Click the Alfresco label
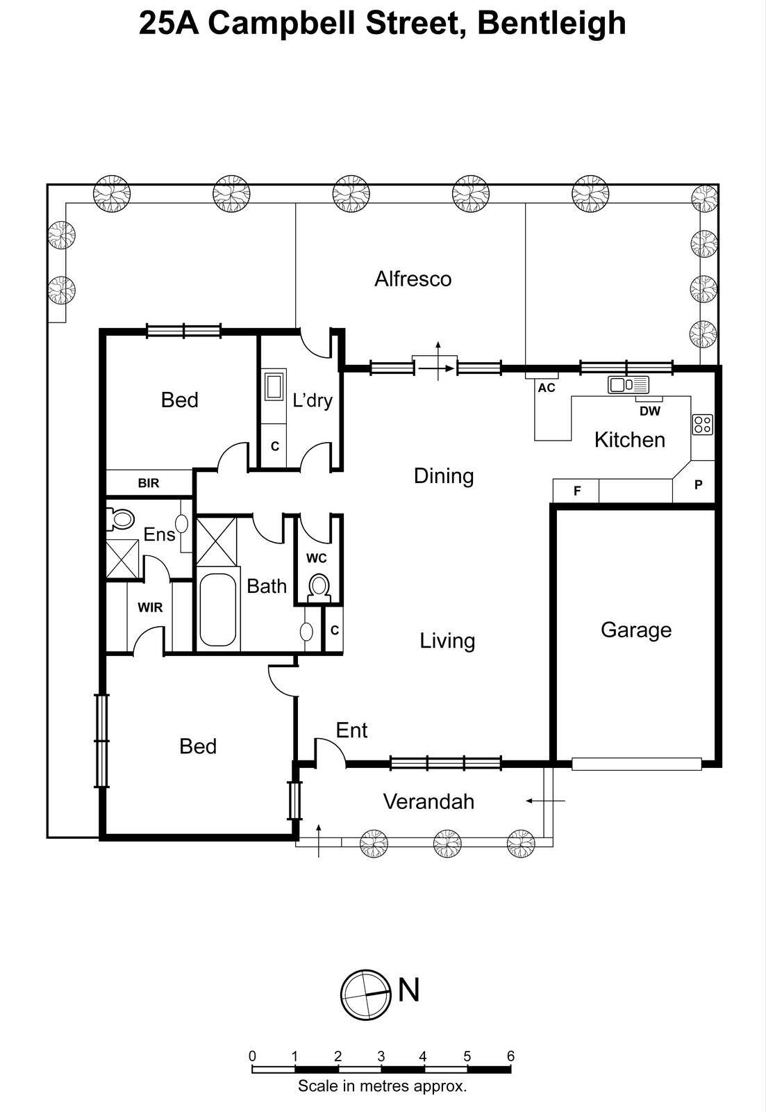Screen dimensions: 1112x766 click(413, 279)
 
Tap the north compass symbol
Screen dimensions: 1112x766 click(364, 995)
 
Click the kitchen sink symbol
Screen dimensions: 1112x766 click(628, 384)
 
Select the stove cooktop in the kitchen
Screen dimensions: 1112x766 click(702, 424)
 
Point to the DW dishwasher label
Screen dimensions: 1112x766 click(650, 411)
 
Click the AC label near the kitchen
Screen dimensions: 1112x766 click(547, 388)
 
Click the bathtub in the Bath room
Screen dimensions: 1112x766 click(217, 610)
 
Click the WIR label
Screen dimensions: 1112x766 click(150, 607)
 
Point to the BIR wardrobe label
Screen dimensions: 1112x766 click(149, 483)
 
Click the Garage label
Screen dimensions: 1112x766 click(635, 630)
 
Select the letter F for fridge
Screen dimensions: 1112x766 click(576, 491)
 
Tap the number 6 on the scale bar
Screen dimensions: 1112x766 click(510, 1056)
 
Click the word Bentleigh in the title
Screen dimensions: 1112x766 click(551, 22)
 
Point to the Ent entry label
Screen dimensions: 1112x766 click(351, 730)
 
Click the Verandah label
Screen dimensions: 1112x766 click(428, 801)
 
